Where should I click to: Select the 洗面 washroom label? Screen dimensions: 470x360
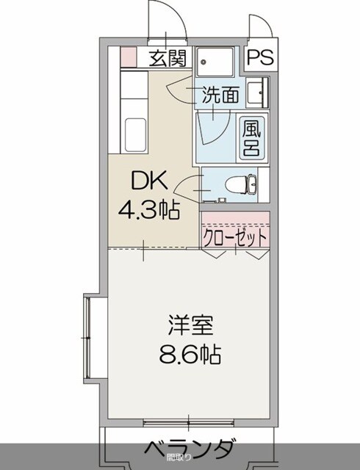pyautogui.click(x=220, y=95)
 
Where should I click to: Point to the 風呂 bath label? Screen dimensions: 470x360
pyautogui.click(x=251, y=137)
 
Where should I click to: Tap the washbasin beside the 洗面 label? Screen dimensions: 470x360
pyautogui.click(x=258, y=94)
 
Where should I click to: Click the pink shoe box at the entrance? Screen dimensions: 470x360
pyautogui.click(x=128, y=56)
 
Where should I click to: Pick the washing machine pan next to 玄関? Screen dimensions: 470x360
pyautogui.click(x=215, y=61)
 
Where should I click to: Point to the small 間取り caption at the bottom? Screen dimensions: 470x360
pyautogui.click(x=179, y=458)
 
